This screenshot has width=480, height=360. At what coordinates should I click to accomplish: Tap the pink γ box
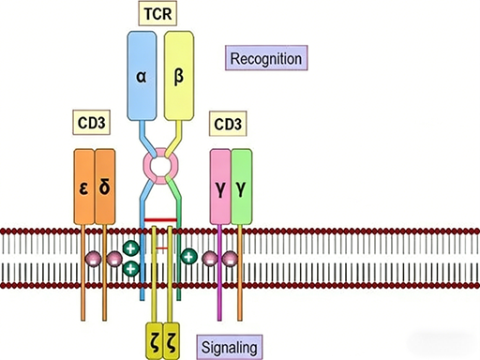[219, 186]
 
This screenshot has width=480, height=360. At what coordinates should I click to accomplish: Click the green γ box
[242, 186]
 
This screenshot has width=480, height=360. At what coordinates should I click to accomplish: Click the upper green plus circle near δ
[130, 250]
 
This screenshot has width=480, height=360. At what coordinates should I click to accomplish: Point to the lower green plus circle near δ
[131, 268]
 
